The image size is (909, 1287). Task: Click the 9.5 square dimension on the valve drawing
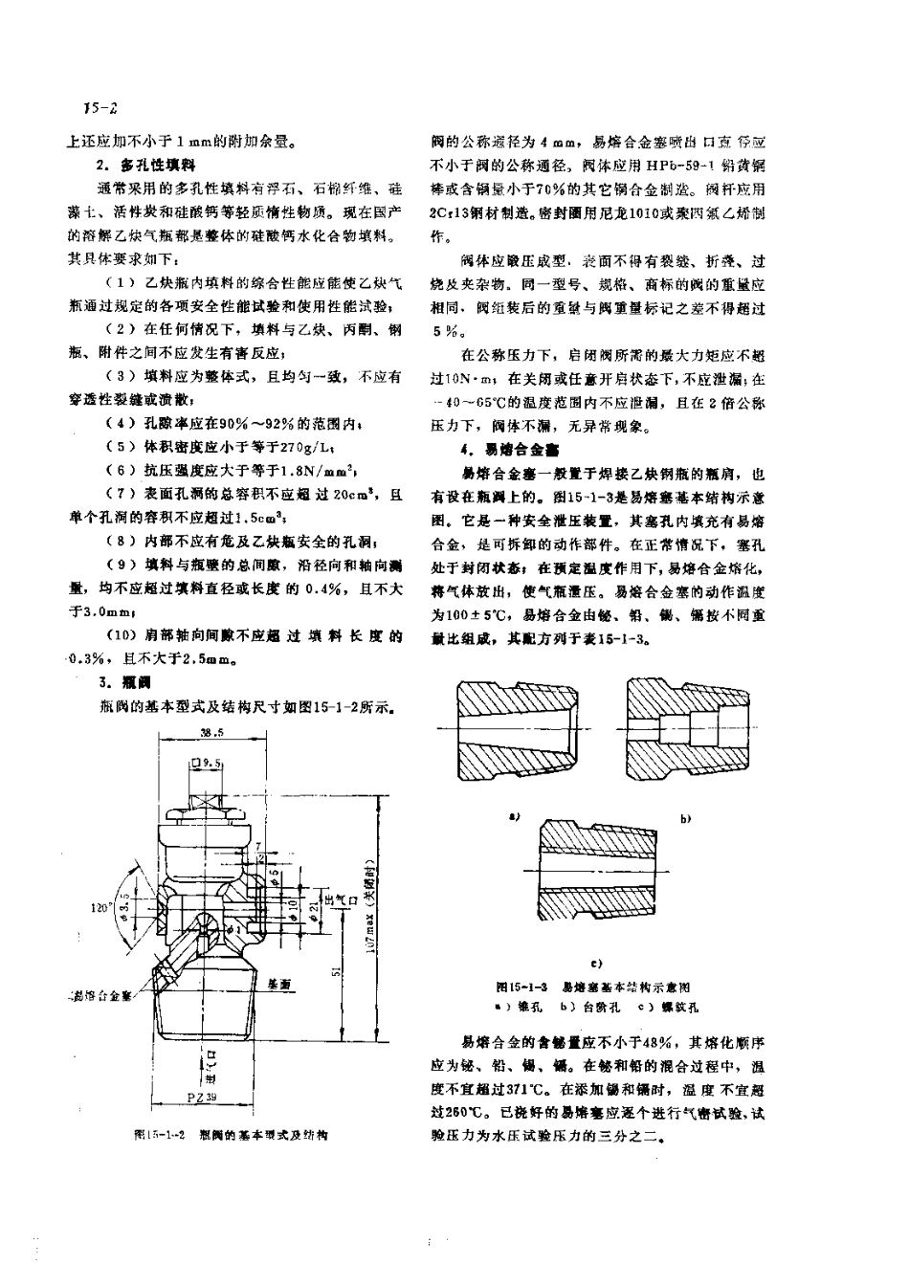tap(207, 765)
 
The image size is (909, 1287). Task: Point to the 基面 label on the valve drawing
tap(279, 983)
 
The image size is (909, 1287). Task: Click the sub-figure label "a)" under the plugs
tap(514, 816)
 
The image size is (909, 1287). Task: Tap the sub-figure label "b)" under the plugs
tap(685, 820)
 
